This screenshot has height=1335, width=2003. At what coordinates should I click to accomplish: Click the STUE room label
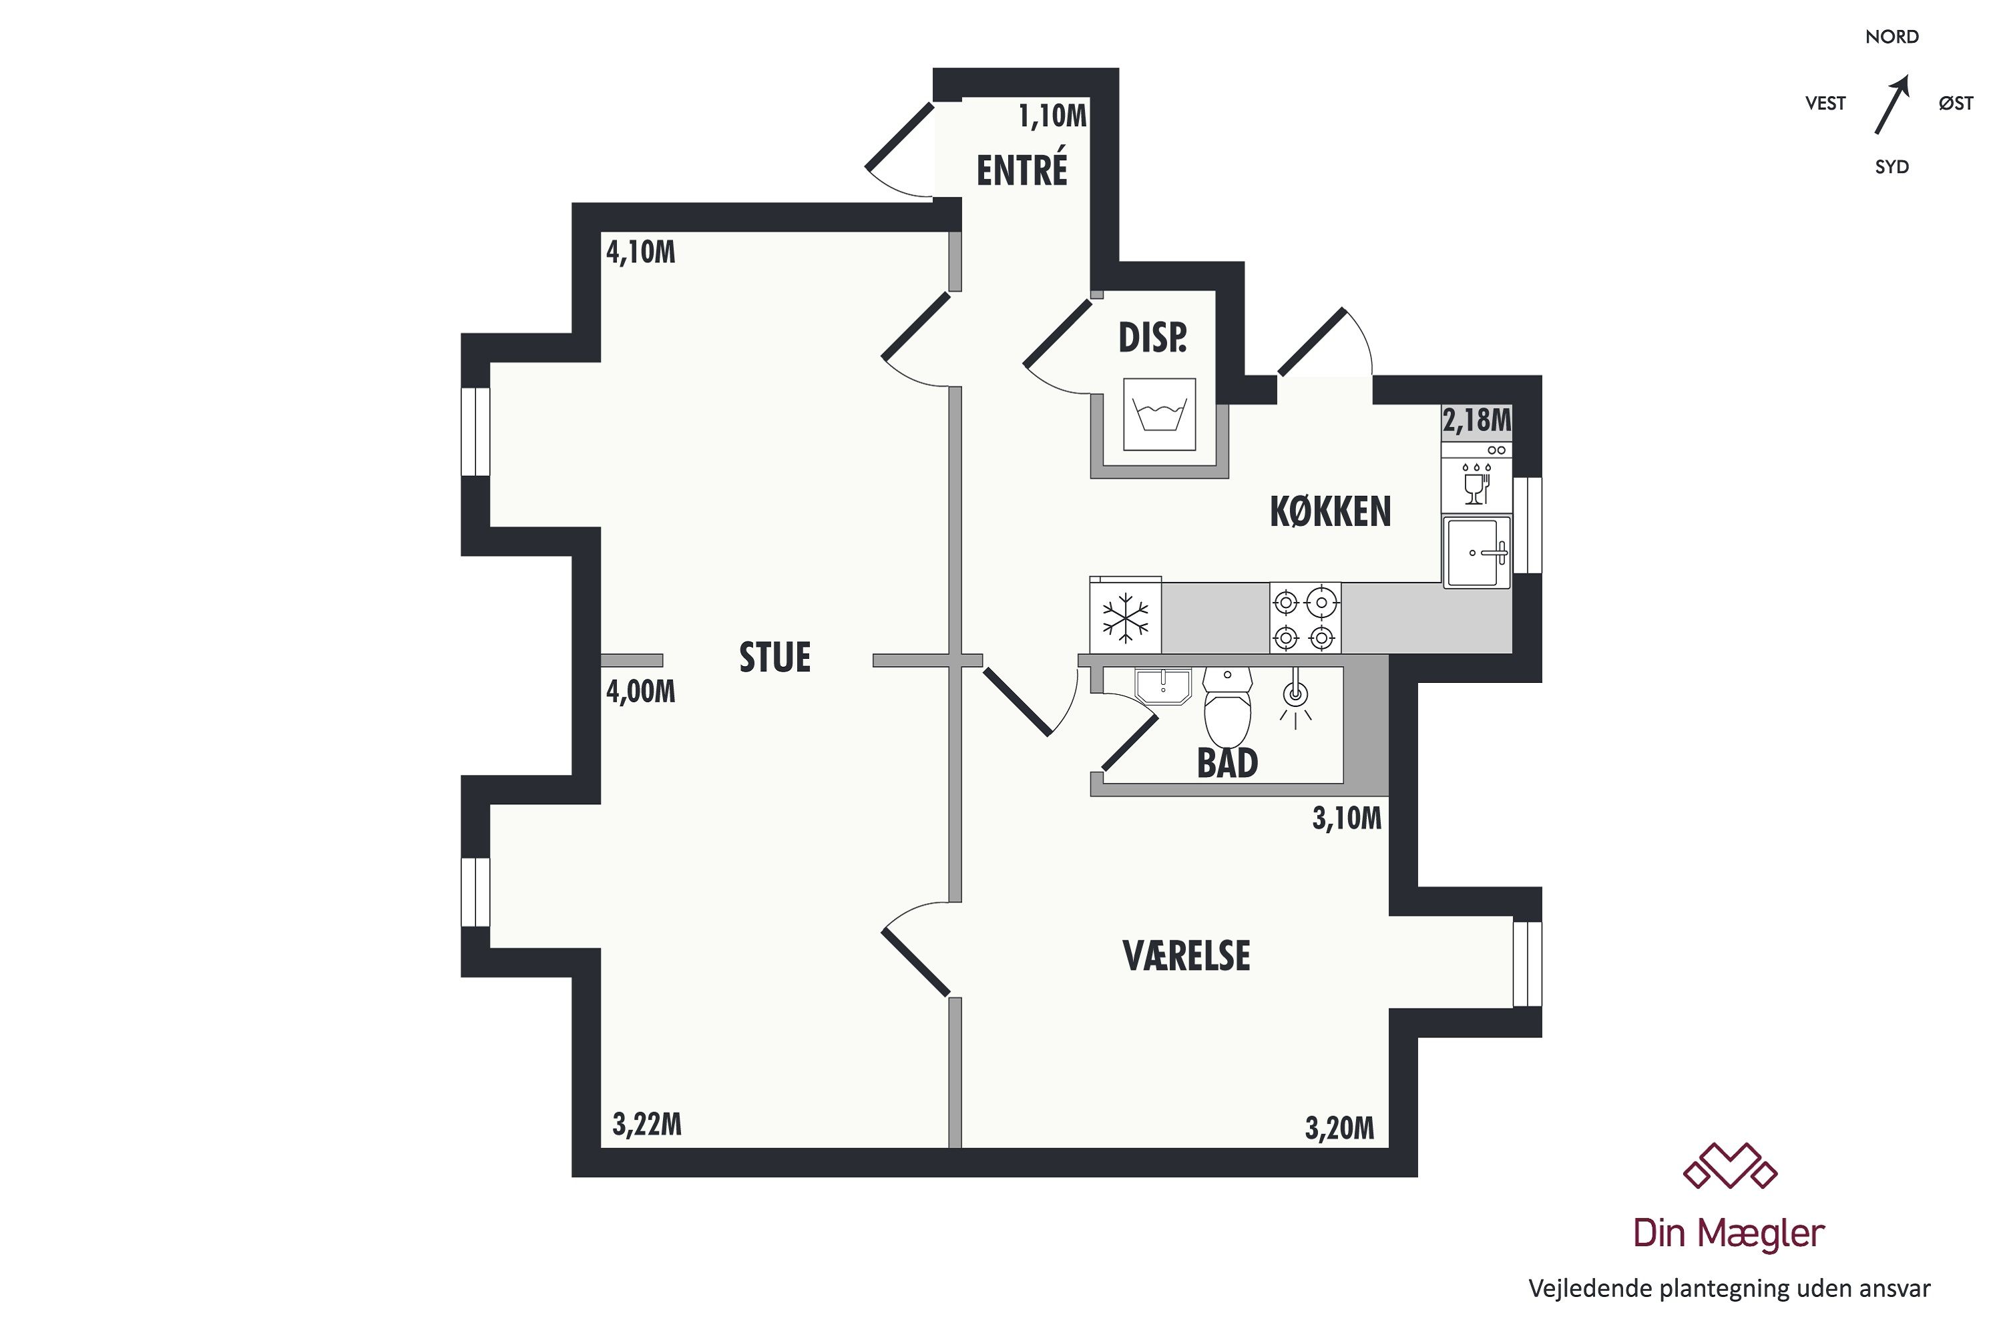[x=774, y=657]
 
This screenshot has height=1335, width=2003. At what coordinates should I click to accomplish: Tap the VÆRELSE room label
[x=1186, y=956]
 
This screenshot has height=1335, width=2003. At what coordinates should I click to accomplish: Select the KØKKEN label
[x=1330, y=512]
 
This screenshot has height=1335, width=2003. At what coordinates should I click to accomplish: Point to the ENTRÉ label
[x=1022, y=169]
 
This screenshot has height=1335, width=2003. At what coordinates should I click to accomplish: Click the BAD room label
[x=1227, y=763]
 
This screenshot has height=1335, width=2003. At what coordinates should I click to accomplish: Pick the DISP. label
[x=1152, y=338]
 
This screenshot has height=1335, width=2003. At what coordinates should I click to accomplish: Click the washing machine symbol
[x=1159, y=415]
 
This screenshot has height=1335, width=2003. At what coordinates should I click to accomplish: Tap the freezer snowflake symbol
[x=1125, y=617]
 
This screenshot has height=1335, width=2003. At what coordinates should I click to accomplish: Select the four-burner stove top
[x=1305, y=618]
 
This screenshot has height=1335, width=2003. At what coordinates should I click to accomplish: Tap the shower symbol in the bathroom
[x=1295, y=698]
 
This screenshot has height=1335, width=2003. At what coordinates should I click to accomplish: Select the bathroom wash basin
[x=1163, y=686]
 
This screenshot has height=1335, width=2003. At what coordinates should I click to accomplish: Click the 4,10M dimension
[x=640, y=252]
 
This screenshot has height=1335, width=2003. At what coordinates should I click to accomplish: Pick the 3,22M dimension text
[x=647, y=1125]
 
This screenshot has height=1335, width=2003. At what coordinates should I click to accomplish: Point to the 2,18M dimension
[x=1477, y=420]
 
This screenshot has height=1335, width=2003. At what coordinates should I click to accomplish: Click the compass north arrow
[x=1892, y=105]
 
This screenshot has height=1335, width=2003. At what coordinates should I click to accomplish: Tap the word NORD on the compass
[x=1892, y=37]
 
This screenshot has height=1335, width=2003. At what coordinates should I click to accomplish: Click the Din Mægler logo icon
[x=1730, y=1165]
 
